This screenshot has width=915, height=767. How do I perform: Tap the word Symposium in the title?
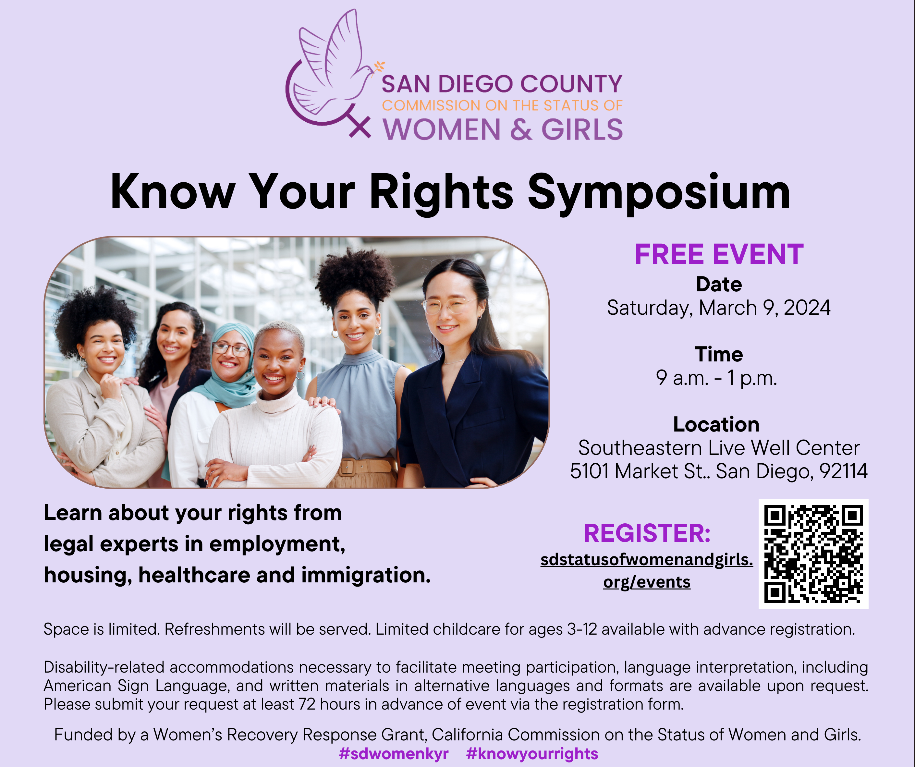pos(659,193)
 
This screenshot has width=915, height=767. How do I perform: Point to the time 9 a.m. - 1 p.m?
pos(717,378)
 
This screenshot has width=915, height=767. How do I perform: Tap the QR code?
pos(813,554)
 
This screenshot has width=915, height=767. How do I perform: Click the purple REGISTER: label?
pos(647,533)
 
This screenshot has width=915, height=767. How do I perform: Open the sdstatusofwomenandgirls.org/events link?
pos(647,571)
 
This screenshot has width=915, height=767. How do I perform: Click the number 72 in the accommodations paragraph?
pos(307,704)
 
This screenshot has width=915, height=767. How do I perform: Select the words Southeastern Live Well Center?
pos(719,448)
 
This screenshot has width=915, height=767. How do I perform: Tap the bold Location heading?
pos(716,424)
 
